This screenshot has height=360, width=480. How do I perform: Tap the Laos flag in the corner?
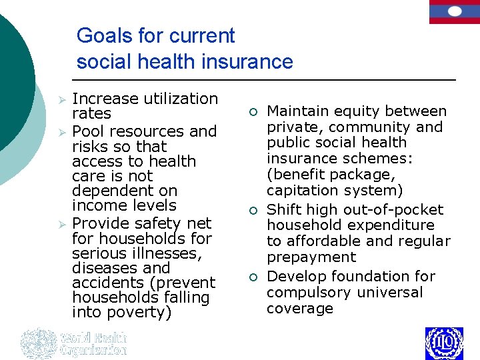point(454,11)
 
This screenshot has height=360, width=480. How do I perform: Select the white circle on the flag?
point(454,11)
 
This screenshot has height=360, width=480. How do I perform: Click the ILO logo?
point(444,343)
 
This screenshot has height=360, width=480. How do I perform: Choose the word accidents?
point(107,283)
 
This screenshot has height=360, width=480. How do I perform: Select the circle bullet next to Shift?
point(253,211)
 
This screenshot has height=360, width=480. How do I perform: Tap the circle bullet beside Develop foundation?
point(253,277)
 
